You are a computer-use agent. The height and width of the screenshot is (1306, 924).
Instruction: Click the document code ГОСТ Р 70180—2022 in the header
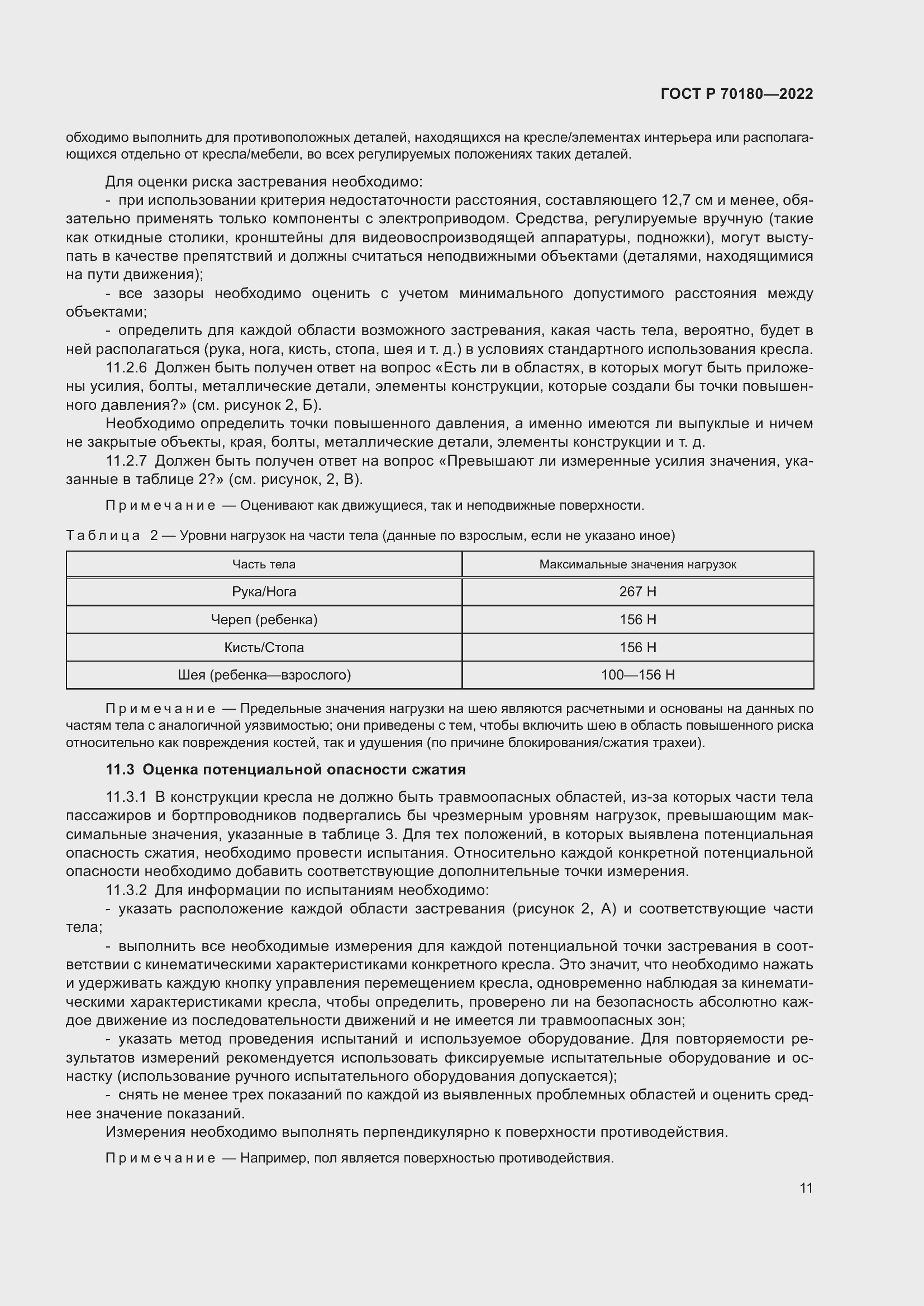(737, 94)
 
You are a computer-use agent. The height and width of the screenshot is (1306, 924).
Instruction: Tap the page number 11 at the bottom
(806, 1188)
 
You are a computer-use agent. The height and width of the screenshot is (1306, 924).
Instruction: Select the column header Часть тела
(264, 565)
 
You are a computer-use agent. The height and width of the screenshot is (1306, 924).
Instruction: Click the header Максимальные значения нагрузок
(637, 565)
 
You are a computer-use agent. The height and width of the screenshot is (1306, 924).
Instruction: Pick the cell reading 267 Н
(637, 591)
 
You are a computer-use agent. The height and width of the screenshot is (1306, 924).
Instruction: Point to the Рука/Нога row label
(264, 591)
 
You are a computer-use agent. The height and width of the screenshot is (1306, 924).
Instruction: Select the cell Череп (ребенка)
(264, 619)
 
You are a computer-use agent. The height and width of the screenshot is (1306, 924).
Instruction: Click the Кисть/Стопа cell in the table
(264, 647)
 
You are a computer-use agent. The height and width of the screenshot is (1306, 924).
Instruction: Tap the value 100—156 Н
(637, 675)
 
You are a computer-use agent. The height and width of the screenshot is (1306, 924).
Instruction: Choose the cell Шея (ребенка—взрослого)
(264, 675)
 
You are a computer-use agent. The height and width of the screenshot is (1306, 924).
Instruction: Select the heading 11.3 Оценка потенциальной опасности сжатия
(285, 769)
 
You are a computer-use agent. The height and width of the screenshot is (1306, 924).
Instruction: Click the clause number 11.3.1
(126, 797)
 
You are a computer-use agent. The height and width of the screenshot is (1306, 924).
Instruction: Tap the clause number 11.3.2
(126, 890)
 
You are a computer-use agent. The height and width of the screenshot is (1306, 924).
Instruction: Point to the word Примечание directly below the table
(160, 709)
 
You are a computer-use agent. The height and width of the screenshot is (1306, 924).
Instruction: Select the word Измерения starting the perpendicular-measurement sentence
(145, 1132)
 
